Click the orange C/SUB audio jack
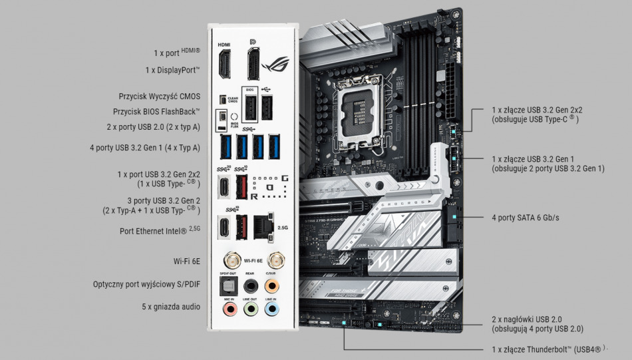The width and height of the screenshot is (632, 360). coord(271,285)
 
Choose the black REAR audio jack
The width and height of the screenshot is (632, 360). coord(250,285)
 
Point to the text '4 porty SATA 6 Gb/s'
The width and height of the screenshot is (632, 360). coord(526,218)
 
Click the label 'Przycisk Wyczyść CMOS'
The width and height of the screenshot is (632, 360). coord(160,96)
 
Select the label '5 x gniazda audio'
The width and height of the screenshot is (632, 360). coord(170,307)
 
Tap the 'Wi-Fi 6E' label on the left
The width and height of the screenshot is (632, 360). coord(187,260)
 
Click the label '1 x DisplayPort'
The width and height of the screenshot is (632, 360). coord(173,70)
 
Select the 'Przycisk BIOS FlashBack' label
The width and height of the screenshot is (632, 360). coord(156,112)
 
